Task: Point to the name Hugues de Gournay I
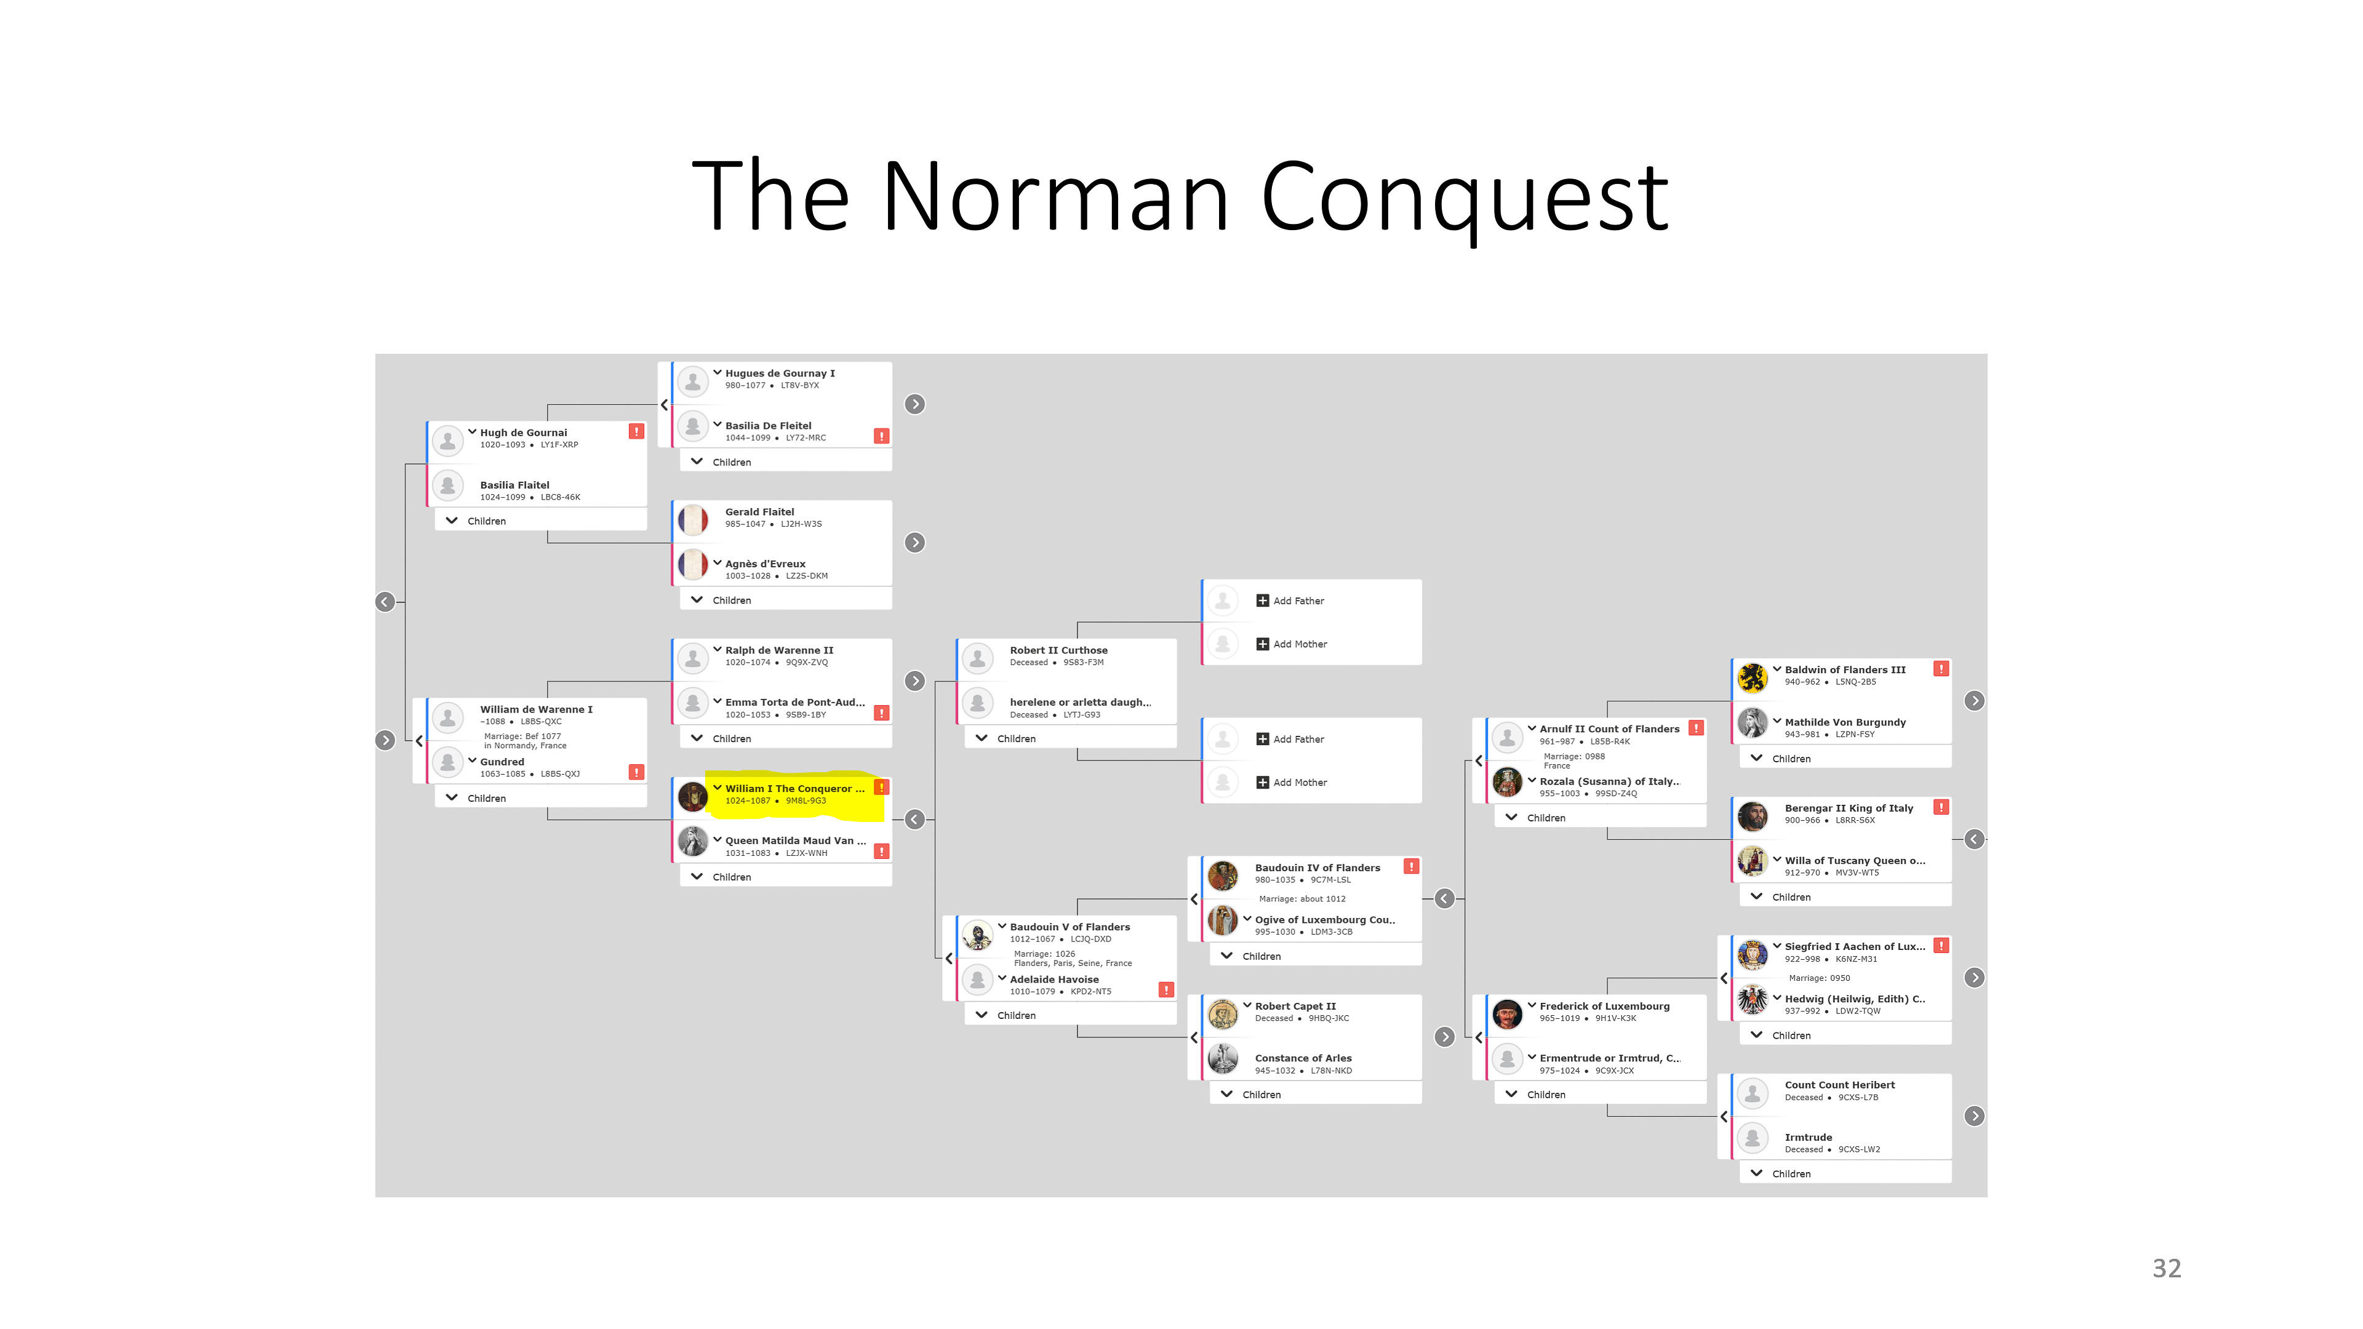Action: coord(780,373)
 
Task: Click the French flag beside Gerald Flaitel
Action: coord(692,519)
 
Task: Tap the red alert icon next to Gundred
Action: coord(636,772)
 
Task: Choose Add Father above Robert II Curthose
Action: coord(1298,601)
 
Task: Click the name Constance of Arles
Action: coord(1303,1058)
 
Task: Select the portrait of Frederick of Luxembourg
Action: coord(1507,1013)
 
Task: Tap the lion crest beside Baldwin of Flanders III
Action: coord(1752,677)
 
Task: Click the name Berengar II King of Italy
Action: coord(1849,808)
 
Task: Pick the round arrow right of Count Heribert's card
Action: coord(1974,1116)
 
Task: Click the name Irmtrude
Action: coord(1808,1137)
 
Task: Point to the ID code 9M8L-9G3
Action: coord(806,800)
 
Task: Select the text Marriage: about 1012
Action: coord(1301,899)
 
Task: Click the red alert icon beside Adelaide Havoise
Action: coord(1166,989)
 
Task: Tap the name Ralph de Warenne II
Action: coord(779,650)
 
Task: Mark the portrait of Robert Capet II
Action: coord(1223,1013)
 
